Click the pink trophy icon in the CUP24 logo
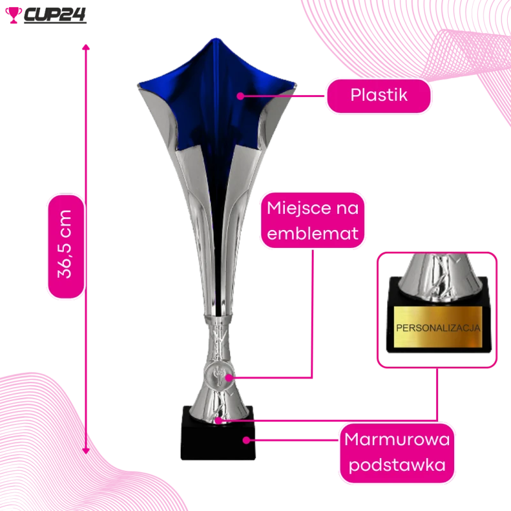coord(13,15)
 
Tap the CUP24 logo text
coord(55,15)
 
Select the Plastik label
coord(378,96)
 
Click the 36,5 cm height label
coord(66,246)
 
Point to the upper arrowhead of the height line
coord(86,47)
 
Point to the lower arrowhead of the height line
coord(86,451)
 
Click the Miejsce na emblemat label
coord(312,220)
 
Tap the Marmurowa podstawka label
coord(397,453)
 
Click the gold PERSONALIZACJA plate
coord(438,327)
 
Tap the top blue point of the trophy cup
coord(215,40)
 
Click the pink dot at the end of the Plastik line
coord(241,96)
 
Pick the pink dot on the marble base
coord(247,440)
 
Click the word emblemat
coord(312,234)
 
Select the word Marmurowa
coord(397,439)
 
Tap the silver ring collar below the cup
coord(218,320)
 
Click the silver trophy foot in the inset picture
coord(438,277)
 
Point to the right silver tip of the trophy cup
coord(294,86)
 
